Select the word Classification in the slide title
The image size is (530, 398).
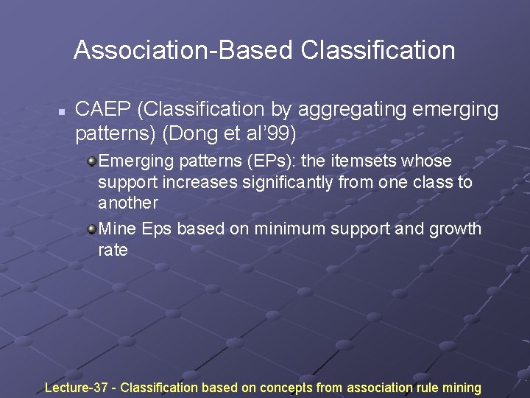378,50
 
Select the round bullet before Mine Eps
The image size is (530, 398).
91,229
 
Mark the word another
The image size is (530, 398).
128,202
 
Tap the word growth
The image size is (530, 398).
455,228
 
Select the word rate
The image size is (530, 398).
113,250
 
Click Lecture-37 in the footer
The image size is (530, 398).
77,387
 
